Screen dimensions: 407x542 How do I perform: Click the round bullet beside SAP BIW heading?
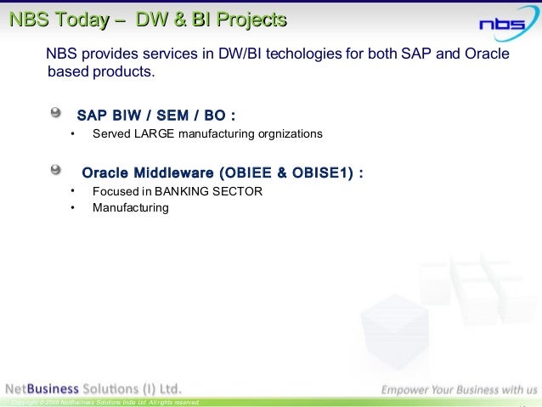[x=56, y=112]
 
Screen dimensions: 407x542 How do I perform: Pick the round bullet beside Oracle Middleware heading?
[x=56, y=169]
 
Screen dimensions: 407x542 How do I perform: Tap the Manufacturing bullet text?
[x=131, y=207]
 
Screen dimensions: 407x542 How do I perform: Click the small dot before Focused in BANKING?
[x=73, y=190]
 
